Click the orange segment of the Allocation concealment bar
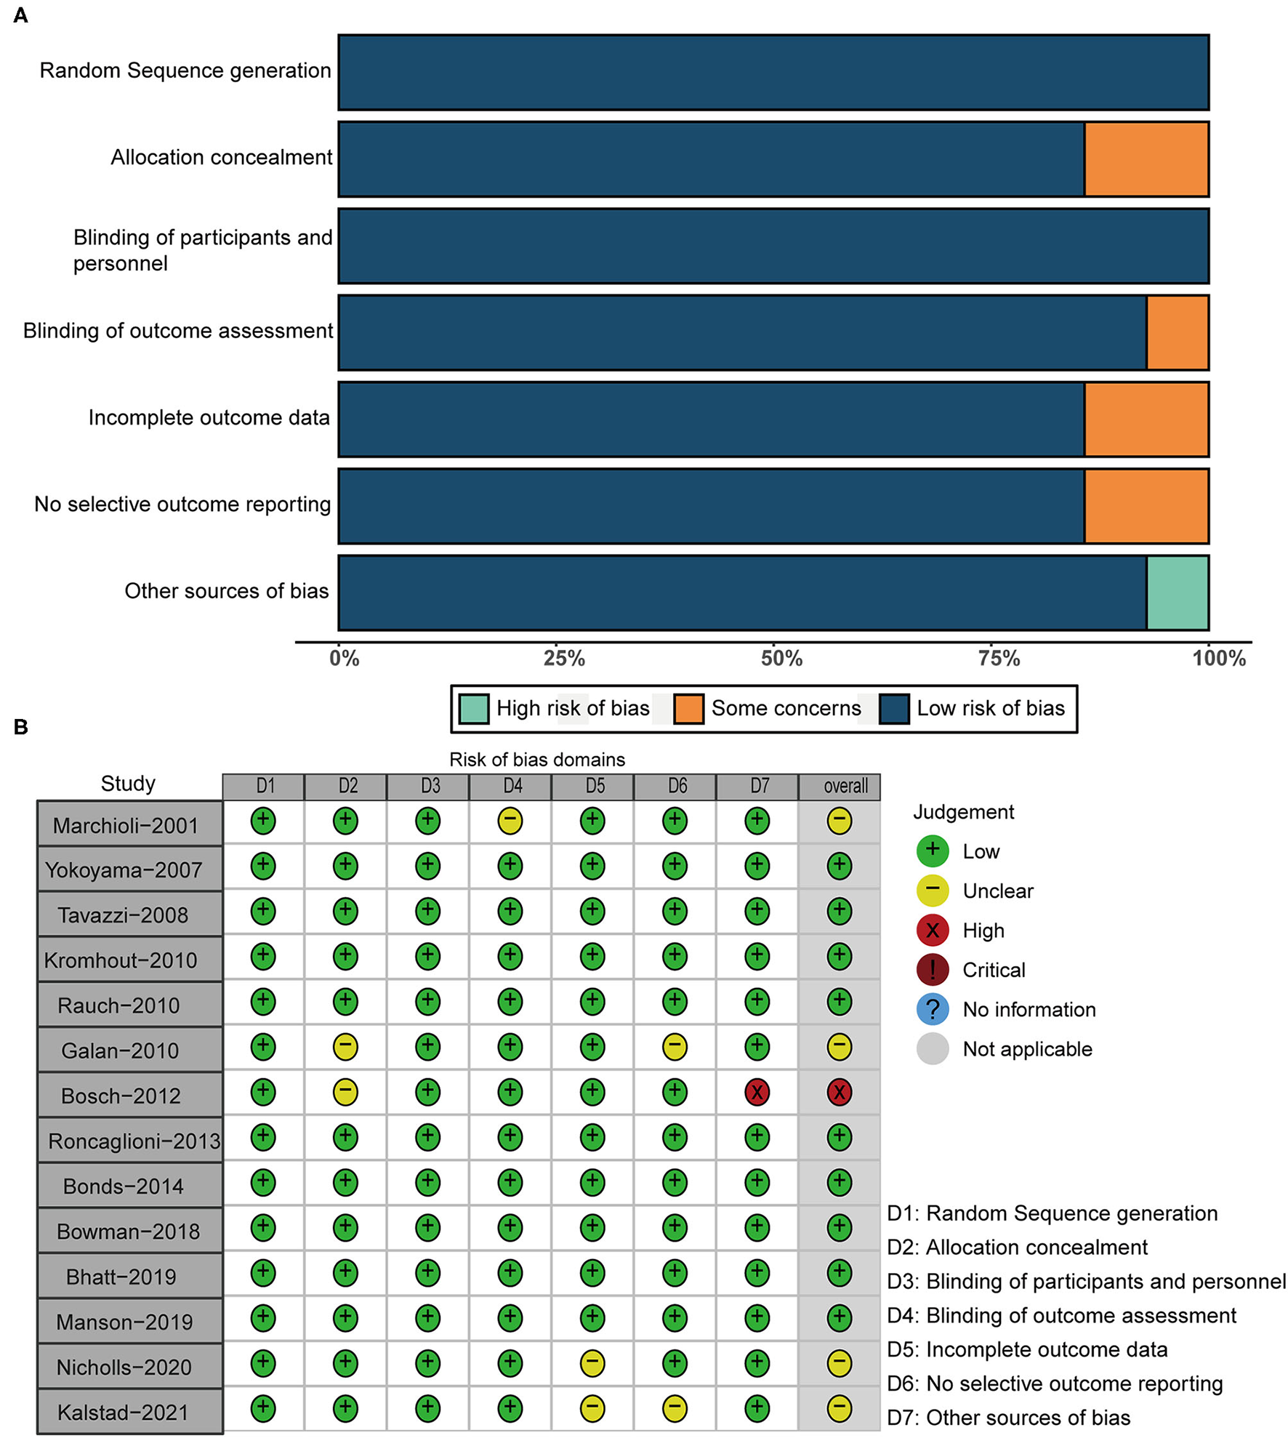tap(1146, 159)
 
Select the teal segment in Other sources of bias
tap(1177, 593)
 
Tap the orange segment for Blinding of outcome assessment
tap(1177, 332)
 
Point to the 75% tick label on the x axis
tap(999, 659)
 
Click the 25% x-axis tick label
tap(564, 659)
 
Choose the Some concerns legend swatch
tap(688, 709)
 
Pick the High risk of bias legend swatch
tap(474, 709)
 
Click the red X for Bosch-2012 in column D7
tap(757, 1092)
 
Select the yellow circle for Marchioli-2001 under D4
tap(510, 821)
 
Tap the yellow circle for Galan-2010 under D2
tap(345, 1047)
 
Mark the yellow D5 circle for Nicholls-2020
tap(592, 1363)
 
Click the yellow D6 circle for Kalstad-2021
tap(675, 1408)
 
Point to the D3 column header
tap(430, 786)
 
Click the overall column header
tap(845, 786)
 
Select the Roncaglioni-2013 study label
tap(134, 1141)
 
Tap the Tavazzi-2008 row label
tap(123, 915)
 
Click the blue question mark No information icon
tap(933, 1009)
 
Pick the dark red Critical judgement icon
tap(933, 970)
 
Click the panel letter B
tap(20, 726)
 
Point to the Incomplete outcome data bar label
tap(209, 418)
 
